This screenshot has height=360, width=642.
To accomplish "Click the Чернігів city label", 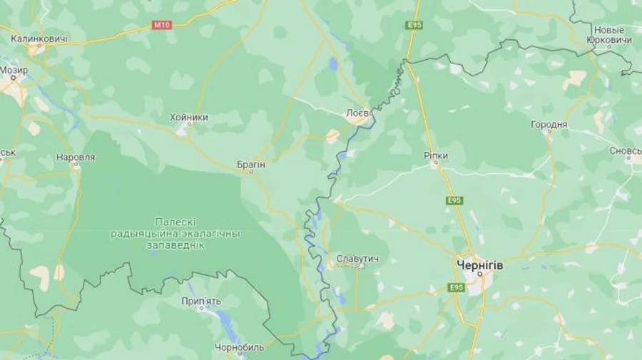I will pos(479,264).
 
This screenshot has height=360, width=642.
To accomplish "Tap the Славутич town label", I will pos(357,257).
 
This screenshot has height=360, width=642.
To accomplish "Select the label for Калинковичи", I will pos(39,38).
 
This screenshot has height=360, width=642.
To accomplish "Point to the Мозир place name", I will pos(14,71).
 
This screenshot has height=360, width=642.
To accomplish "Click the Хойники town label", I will pos(189,117).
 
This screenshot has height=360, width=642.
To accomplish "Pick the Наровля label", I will pos(75,156).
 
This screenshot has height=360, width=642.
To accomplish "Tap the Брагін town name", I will pos(250,164).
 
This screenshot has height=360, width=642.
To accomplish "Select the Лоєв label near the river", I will pos(357,113).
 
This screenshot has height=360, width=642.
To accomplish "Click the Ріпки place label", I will pos(435,155).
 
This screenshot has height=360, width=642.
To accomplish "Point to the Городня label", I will pos(549,125).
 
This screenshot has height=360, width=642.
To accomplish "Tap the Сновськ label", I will pos(626,151).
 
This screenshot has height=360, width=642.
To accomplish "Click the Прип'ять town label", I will pos(201,302).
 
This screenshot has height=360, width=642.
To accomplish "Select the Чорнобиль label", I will pos(240,348).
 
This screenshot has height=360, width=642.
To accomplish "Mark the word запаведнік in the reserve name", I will pos(175,245).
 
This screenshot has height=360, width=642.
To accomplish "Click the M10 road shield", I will pos(162,25).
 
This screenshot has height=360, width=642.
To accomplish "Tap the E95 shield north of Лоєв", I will pos(414,25).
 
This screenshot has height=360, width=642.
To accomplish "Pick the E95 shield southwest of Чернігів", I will pos(457,287).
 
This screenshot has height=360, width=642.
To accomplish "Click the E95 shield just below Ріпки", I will pos(454,200).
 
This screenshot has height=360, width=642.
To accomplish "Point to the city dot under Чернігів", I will pos(480,273).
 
